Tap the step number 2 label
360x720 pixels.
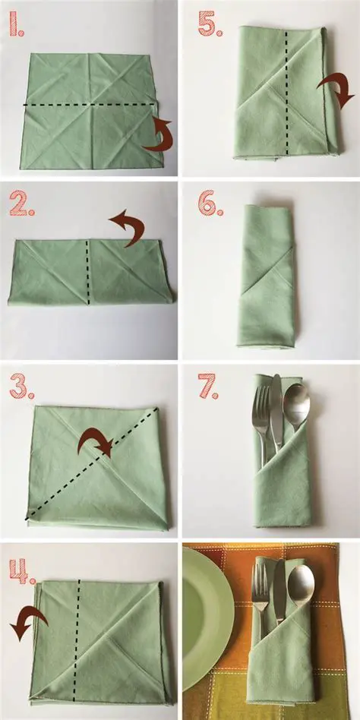tap(21, 204)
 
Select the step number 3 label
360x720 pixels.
tap(21, 386)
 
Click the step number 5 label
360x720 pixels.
tap(210, 24)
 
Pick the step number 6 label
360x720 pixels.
tap(209, 204)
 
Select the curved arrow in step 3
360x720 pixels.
tap(97, 441)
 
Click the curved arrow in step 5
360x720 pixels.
tap(337, 90)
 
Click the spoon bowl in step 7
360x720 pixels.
tap(295, 399)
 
